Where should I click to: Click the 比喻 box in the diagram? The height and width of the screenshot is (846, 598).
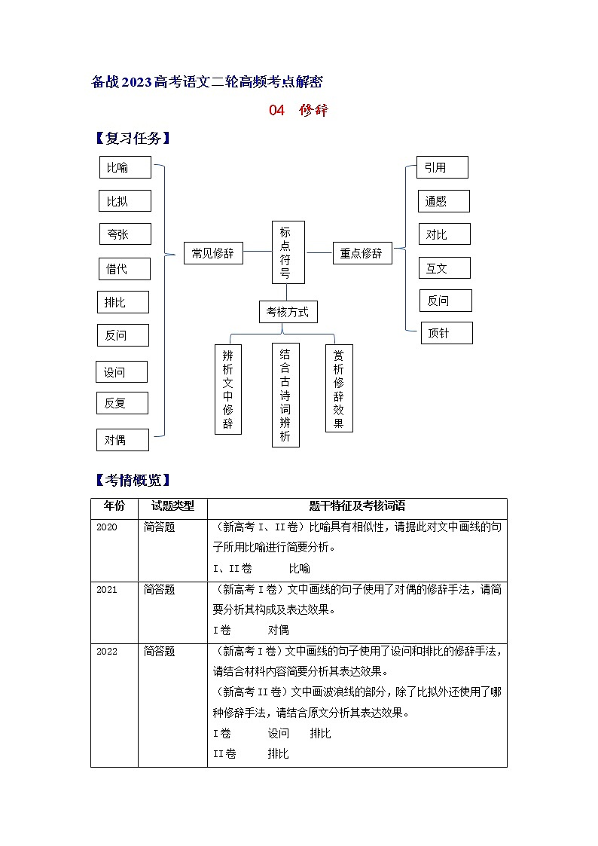[x=125, y=167]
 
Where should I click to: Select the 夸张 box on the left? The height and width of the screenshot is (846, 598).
[x=125, y=234]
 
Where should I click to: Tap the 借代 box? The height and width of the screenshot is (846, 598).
[x=124, y=268]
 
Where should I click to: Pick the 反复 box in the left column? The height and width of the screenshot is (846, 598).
[x=122, y=403]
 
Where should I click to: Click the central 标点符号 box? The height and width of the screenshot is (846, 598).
[x=288, y=252]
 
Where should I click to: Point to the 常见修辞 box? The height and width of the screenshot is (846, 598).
[x=213, y=253]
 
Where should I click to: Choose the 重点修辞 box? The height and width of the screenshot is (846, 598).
[x=362, y=253]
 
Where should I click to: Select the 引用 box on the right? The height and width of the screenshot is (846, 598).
[x=442, y=167]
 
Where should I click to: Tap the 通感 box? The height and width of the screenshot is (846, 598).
[x=444, y=201]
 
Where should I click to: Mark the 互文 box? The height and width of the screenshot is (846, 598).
[x=444, y=267]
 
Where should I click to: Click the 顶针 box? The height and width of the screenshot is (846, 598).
[x=447, y=333]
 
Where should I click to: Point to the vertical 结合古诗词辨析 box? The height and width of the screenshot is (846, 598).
[x=285, y=395]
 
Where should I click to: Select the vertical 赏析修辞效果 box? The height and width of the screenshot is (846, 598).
[x=339, y=388]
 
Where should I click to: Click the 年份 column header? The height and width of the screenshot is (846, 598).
[x=114, y=506]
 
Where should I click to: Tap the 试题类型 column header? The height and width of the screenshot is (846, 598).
[x=172, y=506]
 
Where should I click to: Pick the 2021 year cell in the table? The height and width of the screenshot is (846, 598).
[x=107, y=590]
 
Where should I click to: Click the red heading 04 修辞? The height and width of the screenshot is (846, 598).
[x=298, y=110]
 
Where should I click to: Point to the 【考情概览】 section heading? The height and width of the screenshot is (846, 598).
[x=132, y=480]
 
